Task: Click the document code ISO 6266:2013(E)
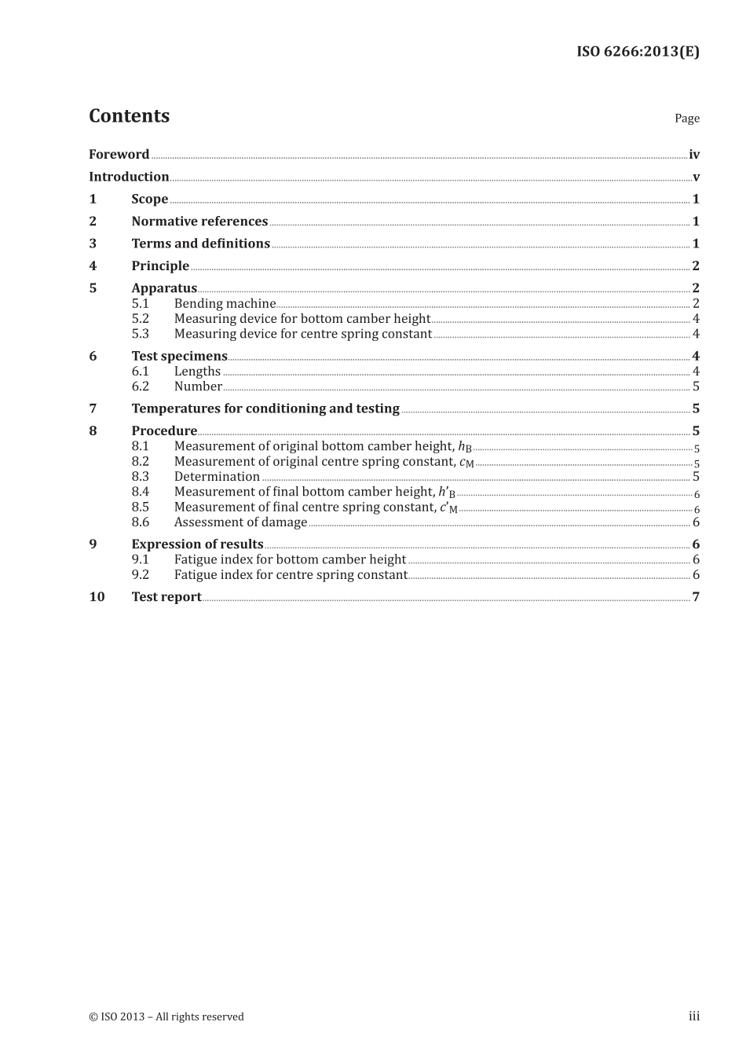pyautogui.click(x=638, y=52)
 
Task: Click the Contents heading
pyautogui.click(x=129, y=115)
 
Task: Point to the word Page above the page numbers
pyautogui.click(x=686, y=119)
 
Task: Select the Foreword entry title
pyautogui.click(x=119, y=155)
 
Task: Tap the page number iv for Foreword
pyautogui.click(x=693, y=155)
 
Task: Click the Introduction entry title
pyautogui.click(x=129, y=177)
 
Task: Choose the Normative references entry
pyautogui.click(x=199, y=222)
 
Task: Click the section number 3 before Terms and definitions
pyautogui.click(x=93, y=244)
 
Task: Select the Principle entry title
pyautogui.click(x=160, y=266)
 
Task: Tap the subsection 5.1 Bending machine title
pyautogui.click(x=225, y=304)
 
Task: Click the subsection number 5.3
pyautogui.click(x=140, y=334)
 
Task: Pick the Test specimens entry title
pyautogui.click(x=179, y=356)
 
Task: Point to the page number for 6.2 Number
pyautogui.click(x=696, y=386)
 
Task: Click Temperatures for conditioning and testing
pyautogui.click(x=265, y=408)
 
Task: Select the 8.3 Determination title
pyautogui.click(x=217, y=477)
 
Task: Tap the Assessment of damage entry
pyautogui.click(x=240, y=522)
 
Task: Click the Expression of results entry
pyautogui.click(x=197, y=544)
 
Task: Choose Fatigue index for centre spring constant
pyautogui.click(x=291, y=575)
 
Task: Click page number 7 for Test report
pyautogui.click(x=696, y=597)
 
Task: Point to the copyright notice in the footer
pyautogui.click(x=166, y=1017)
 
